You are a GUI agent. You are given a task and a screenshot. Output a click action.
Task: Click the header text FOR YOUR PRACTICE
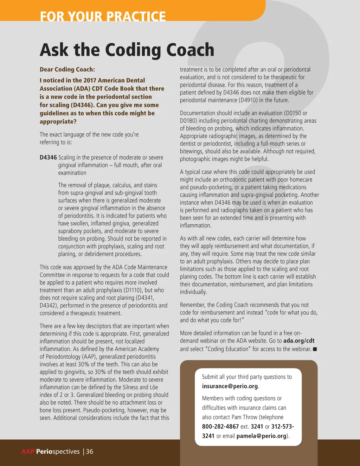coord(103,16)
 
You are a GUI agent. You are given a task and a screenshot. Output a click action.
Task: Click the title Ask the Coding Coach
coord(127,50)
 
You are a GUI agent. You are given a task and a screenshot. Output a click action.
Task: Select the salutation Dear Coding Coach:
coord(67,69)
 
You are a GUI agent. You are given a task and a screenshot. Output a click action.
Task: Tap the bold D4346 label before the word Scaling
coord(48,158)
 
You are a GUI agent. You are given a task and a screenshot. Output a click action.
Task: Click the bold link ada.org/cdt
coord(299,340)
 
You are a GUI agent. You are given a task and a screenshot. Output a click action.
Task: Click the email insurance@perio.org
coord(230,386)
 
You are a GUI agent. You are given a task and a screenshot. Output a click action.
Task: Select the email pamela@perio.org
coord(261,436)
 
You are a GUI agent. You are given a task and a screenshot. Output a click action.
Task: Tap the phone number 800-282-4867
coord(220,426)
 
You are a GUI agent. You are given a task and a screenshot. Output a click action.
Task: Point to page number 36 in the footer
coord(90,452)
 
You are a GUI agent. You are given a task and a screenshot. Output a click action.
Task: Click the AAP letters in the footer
coord(28,452)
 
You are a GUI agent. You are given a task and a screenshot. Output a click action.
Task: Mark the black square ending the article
coord(315,349)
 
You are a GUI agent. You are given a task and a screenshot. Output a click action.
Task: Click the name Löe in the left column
coord(154,387)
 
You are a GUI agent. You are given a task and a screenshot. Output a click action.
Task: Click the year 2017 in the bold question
coord(90,80)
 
